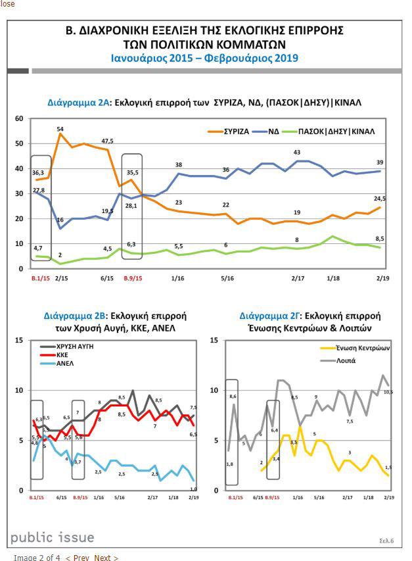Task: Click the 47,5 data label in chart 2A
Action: tap(108, 141)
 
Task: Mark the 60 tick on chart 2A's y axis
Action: tap(20, 119)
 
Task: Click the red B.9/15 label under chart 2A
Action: tap(133, 279)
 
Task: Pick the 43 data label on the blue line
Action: tap(297, 153)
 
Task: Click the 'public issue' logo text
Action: tap(52, 537)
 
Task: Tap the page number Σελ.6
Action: tap(386, 541)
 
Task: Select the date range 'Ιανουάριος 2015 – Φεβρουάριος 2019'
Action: tap(205, 58)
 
